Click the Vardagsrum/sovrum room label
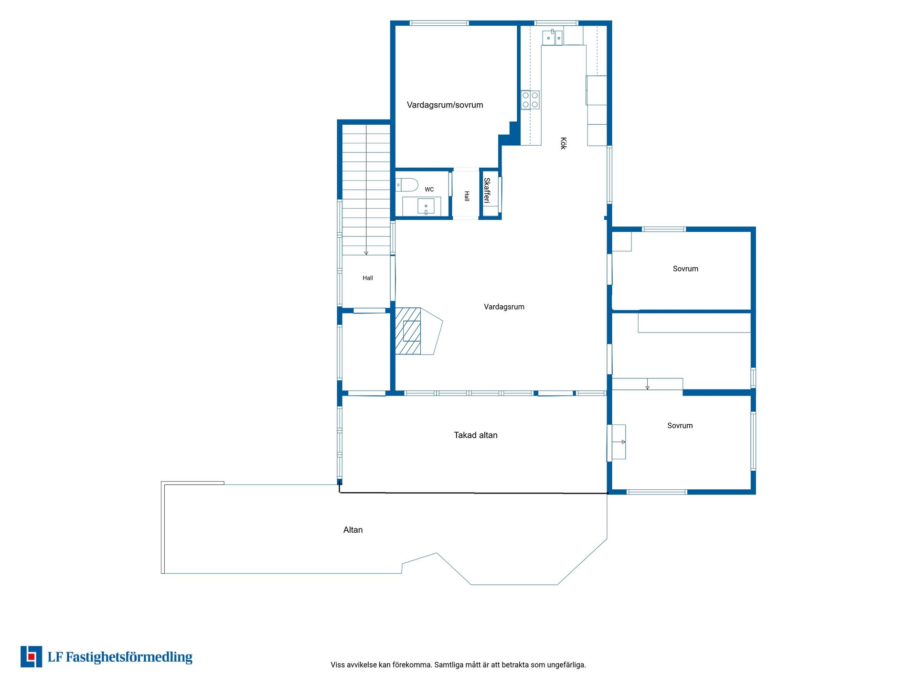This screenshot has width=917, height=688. [x=445, y=105]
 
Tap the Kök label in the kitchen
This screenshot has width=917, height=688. [x=563, y=143]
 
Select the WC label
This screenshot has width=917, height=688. [x=429, y=190]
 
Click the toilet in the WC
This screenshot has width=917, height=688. [x=407, y=184]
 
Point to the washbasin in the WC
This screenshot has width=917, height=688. [x=426, y=206]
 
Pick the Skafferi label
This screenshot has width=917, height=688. [x=487, y=190]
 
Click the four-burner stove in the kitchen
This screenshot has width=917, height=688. [x=530, y=100]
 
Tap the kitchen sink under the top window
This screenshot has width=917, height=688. [x=553, y=37]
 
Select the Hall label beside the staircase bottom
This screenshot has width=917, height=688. [x=368, y=278]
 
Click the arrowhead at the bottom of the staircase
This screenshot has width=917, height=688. [x=366, y=253]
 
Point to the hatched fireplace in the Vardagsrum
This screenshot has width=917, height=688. [x=408, y=331]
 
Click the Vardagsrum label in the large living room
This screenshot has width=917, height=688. [x=504, y=307]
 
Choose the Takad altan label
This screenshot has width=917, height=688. [x=476, y=435]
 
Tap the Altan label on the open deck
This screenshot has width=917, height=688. [x=353, y=530]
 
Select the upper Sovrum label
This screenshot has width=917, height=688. [x=685, y=269]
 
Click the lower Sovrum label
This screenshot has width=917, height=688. [x=680, y=426]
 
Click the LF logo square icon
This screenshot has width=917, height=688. [x=32, y=656]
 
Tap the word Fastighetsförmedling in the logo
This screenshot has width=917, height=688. [x=129, y=657]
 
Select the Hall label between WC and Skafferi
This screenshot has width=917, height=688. [x=467, y=196]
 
